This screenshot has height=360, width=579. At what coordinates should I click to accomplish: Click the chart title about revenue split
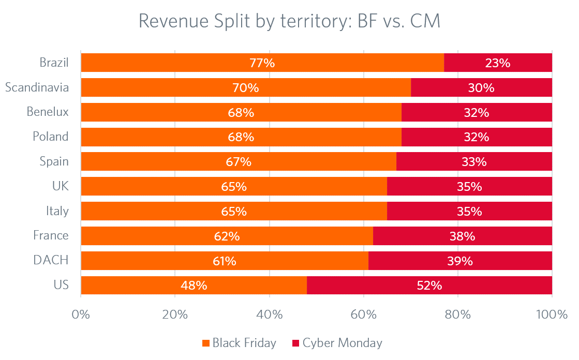click(x=289, y=22)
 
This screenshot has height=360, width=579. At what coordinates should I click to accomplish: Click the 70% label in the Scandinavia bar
click(x=245, y=88)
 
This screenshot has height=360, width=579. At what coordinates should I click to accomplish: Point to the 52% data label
click(x=429, y=285)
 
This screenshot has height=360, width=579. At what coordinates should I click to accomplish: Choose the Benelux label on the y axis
click(x=48, y=112)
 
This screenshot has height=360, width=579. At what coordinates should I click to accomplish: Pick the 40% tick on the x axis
click(x=269, y=314)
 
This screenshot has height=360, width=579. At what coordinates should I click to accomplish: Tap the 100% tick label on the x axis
click(x=552, y=314)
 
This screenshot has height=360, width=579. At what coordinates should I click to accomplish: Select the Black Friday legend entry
click(x=239, y=342)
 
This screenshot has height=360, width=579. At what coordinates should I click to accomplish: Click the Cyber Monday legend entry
click(x=337, y=342)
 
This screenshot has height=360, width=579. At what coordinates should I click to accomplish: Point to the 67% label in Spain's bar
click(x=239, y=162)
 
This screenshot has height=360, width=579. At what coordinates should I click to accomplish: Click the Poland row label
click(x=50, y=137)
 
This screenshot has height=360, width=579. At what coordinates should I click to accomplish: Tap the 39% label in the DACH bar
click(x=460, y=261)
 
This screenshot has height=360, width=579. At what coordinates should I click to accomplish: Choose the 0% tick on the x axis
click(x=81, y=314)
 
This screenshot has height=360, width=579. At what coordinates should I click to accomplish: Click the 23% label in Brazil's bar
click(x=498, y=63)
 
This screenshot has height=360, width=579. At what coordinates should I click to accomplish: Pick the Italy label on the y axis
click(x=57, y=211)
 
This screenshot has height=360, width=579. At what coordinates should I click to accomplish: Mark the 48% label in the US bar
click(x=194, y=285)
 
